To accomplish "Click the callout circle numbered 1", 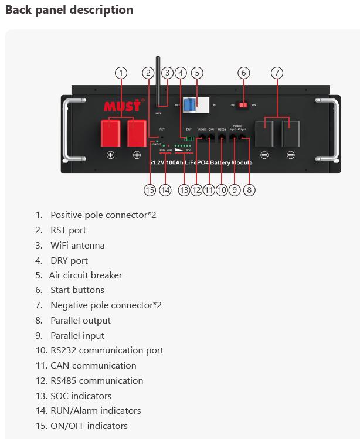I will [x=121, y=73].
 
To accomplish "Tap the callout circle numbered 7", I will [x=277, y=73].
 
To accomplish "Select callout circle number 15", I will [x=150, y=190].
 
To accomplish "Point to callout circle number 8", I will [x=250, y=190].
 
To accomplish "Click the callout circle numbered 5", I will [x=197, y=73].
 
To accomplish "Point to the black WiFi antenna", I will [x=158, y=79].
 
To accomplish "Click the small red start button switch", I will [x=243, y=105].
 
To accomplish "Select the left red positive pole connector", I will [x=110, y=133].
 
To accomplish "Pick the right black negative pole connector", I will [x=290, y=134].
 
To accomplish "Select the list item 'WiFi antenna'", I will [x=77, y=245].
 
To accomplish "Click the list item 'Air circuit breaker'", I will [x=86, y=275].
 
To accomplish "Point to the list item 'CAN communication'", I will [x=93, y=365].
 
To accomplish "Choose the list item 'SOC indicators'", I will [x=81, y=396].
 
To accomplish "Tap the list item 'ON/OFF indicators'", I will [x=89, y=426].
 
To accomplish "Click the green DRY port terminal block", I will [x=188, y=139].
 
